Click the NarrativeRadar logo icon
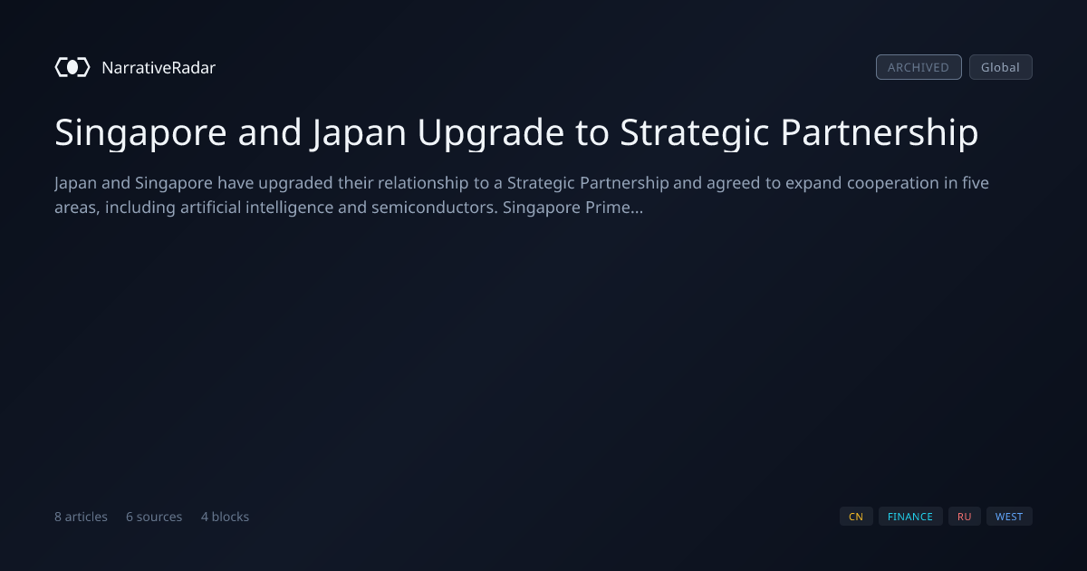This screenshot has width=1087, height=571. click(x=72, y=67)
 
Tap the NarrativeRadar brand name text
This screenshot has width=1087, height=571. click(x=159, y=67)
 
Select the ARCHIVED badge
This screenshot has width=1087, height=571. click(x=919, y=67)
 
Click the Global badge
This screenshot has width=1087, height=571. click(x=1001, y=67)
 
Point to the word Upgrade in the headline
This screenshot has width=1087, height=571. click(x=491, y=133)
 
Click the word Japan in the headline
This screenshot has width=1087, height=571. click(x=359, y=133)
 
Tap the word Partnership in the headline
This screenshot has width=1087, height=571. click(x=880, y=132)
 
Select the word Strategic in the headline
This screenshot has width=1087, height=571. click(x=695, y=133)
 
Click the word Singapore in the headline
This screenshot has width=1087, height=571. click(x=140, y=133)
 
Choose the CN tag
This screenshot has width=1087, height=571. click(x=856, y=517)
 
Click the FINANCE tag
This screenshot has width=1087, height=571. click(x=910, y=517)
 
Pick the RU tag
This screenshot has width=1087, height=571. click(x=964, y=517)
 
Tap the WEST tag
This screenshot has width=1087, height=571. click(x=1009, y=517)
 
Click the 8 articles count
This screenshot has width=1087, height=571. click(x=81, y=517)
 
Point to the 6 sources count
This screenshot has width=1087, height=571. click(x=154, y=517)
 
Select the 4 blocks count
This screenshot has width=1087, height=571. click(x=226, y=517)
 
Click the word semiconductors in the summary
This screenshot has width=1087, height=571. click(x=435, y=208)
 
